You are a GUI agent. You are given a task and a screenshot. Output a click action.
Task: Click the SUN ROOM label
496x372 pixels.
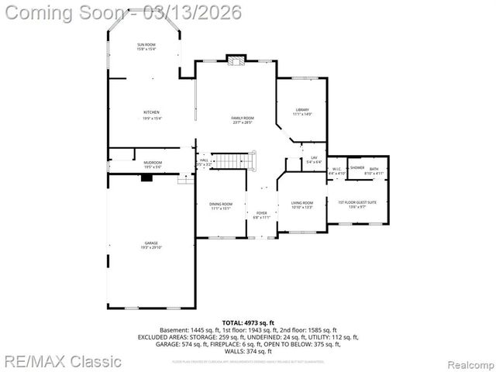[x=146, y=46]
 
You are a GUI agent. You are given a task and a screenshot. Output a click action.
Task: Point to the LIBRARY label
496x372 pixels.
[x=301, y=109]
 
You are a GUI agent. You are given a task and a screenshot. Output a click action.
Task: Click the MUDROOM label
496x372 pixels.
[x=153, y=162]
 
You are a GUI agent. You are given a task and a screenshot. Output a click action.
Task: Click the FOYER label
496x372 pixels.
[x=261, y=212]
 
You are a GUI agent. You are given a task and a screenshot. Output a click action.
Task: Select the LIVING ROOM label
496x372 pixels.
[x=302, y=202]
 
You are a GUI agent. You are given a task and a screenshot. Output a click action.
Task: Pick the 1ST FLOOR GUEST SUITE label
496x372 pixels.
[x=357, y=202]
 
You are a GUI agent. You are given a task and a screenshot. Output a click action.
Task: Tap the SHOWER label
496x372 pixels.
[x=356, y=167]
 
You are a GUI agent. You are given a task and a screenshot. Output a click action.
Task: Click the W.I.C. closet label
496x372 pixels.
[x=336, y=168]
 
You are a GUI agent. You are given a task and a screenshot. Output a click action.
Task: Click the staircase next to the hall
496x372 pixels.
[x=233, y=160]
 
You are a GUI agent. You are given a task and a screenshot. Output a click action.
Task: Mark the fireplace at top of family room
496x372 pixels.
[x=236, y=59]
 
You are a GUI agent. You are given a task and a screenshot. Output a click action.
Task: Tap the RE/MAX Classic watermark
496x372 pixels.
[x=62, y=361]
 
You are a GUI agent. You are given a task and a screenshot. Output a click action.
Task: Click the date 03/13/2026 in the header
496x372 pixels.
[x=198, y=12]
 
